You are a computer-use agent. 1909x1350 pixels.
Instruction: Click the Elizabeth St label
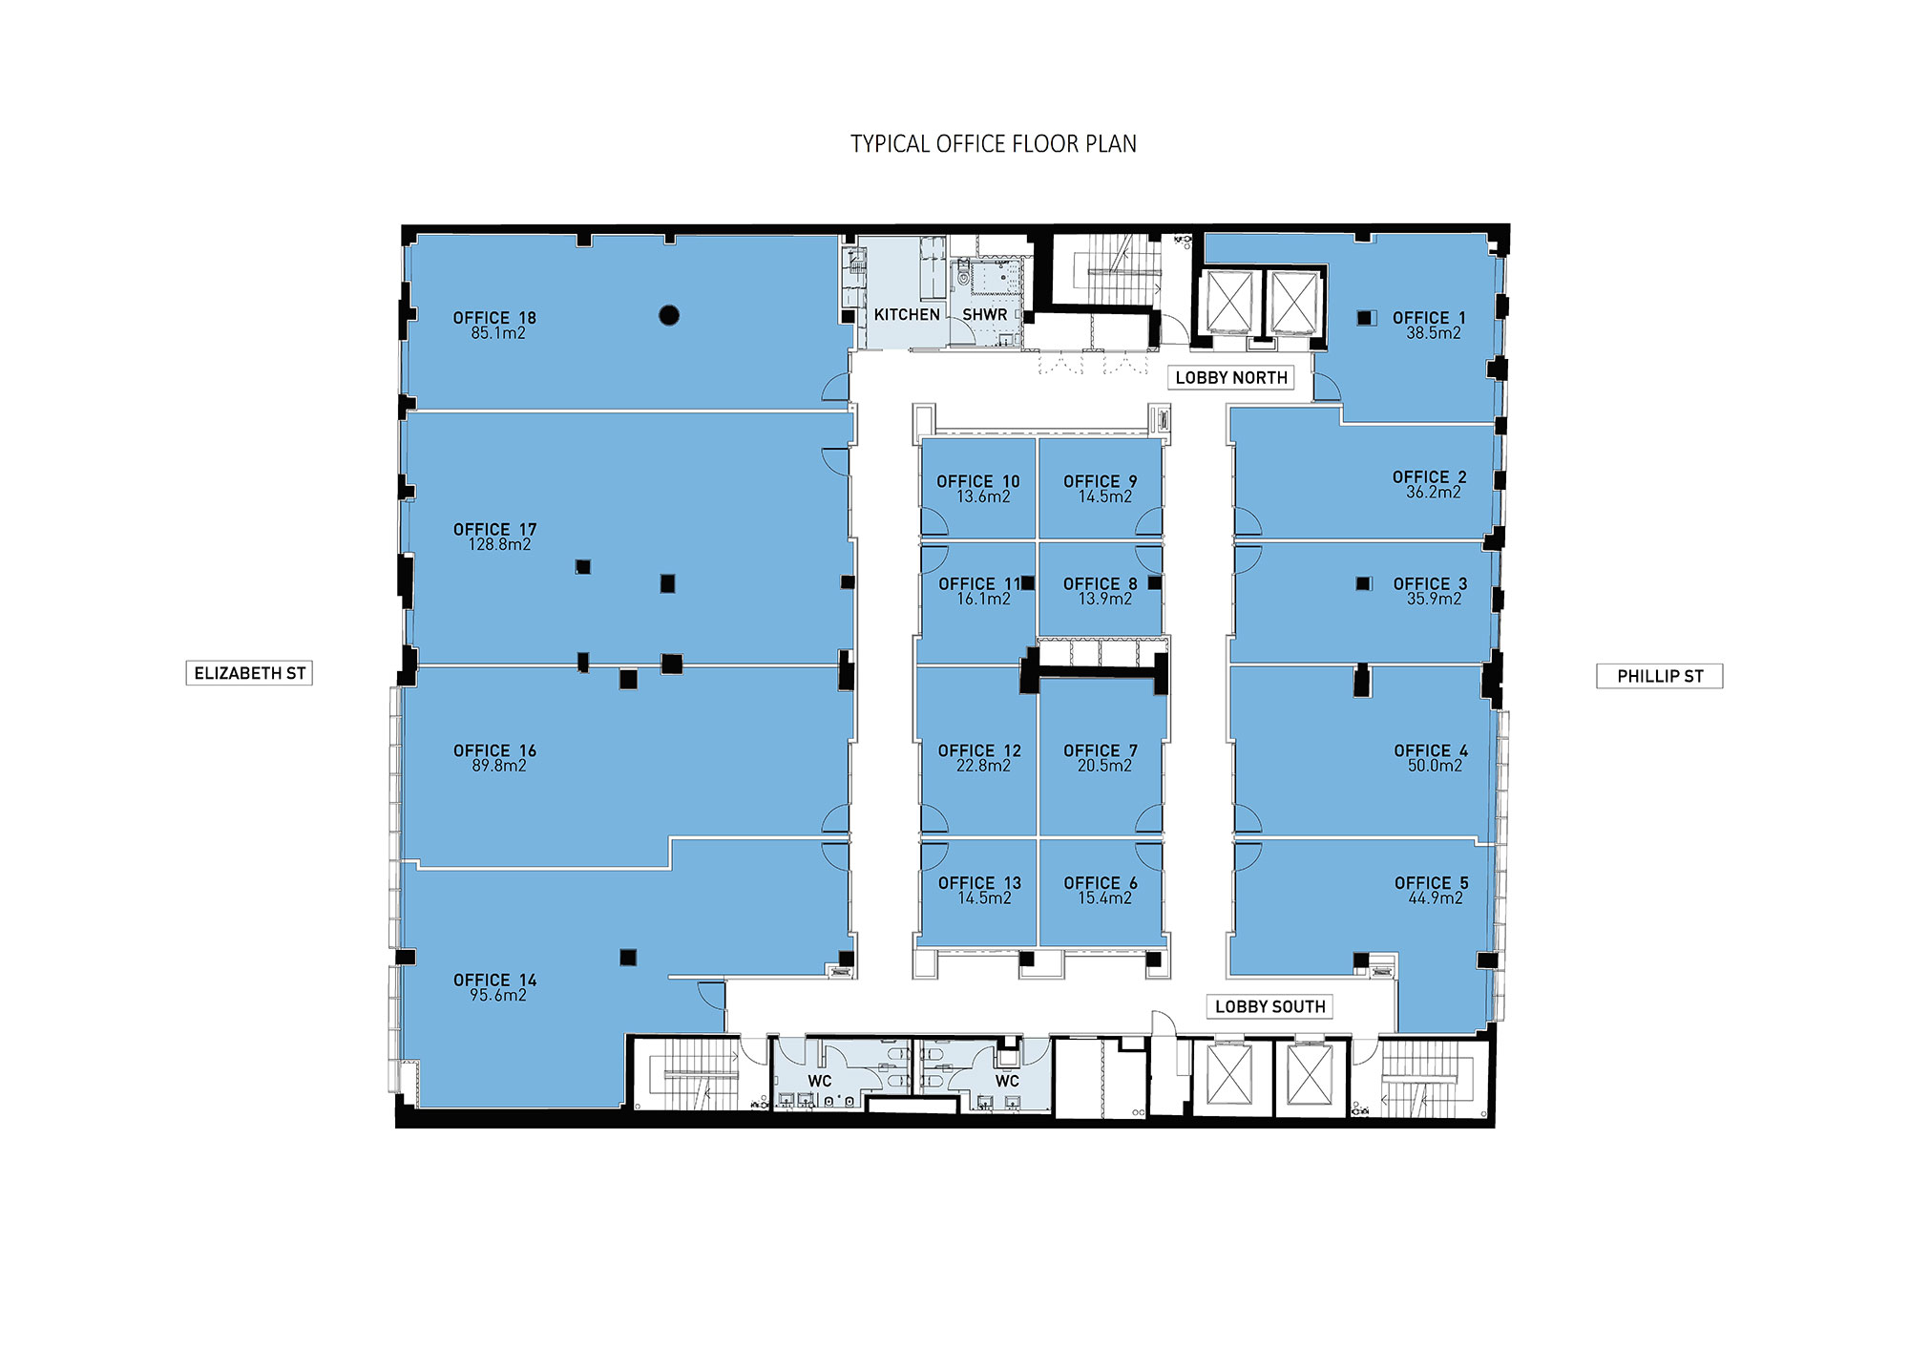pyautogui.click(x=249, y=673)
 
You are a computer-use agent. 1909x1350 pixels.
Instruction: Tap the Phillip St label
pyautogui.click(x=1659, y=676)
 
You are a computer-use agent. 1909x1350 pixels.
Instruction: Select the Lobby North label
pyautogui.click(x=1230, y=378)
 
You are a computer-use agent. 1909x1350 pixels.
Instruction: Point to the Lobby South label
pyautogui.click(x=1269, y=1006)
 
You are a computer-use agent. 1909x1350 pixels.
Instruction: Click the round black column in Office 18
pyautogui.click(x=669, y=315)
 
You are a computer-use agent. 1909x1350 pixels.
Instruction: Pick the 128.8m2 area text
pyautogui.click(x=499, y=544)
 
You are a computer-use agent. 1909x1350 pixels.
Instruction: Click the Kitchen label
pyautogui.click(x=907, y=314)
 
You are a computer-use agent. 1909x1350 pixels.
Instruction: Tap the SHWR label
pyautogui.click(x=984, y=314)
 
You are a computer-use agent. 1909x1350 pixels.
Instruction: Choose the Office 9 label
pyautogui.click(x=1100, y=481)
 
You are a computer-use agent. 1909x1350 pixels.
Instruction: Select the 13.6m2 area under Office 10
pyautogui.click(x=983, y=496)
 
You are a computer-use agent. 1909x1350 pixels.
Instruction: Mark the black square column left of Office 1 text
pyautogui.click(x=1365, y=317)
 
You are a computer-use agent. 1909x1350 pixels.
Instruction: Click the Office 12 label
pyautogui.click(x=979, y=750)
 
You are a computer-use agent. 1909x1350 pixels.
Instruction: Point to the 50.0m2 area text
pyautogui.click(x=1435, y=766)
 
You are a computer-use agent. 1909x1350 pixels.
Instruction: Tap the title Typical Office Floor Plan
pyautogui.click(x=993, y=144)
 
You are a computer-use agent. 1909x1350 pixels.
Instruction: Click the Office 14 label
pyautogui.click(x=494, y=980)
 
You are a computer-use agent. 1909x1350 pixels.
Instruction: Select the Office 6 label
pyautogui.click(x=1101, y=883)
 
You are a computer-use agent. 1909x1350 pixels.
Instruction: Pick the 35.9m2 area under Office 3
pyautogui.click(x=1434, y=599)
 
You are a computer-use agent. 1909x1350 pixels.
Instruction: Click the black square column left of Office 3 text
pyautogui.click(x=1363, y=583)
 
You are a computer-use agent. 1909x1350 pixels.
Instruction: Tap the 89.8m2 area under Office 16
pyautogui.click(x=498, y=766)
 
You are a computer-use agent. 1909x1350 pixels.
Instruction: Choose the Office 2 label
pyautogui.click(x=1429, y=476)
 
